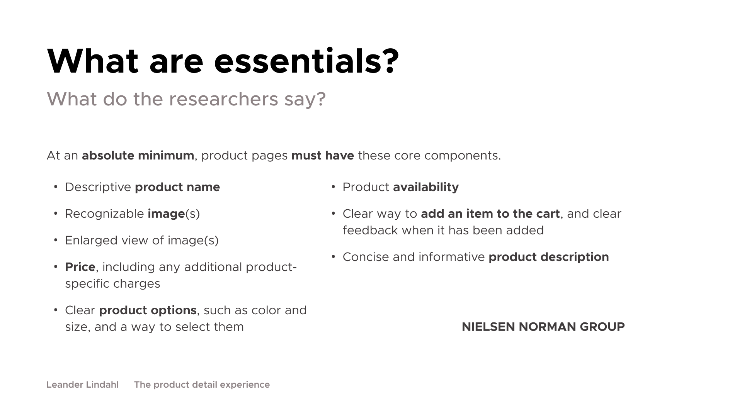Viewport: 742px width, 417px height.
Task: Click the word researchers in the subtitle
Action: (224, 99)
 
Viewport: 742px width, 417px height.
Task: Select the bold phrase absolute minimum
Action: (138, 155)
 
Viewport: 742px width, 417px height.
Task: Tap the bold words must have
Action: (323, 155)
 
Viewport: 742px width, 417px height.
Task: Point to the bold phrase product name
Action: (177, 187)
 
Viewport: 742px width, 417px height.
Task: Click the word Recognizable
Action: (104, 214)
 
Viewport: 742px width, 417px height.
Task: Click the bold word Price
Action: (80, 267)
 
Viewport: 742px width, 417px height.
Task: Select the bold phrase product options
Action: (148, 310)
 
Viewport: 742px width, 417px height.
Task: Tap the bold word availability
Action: (426, 187)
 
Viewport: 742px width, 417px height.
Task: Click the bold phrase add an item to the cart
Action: (490, 214)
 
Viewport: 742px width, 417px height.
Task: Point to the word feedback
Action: (370, 231)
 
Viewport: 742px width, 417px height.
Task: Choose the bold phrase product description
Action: (549, 257)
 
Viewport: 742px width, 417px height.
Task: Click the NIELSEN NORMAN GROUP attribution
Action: (543, 327)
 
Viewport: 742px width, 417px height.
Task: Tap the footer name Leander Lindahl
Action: (83, 385)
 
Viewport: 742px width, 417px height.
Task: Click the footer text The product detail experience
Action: (202, 385)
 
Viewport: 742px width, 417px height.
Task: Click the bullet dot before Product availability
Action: (334, 187)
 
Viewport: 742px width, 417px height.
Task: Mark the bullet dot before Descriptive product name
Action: (56, 187)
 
